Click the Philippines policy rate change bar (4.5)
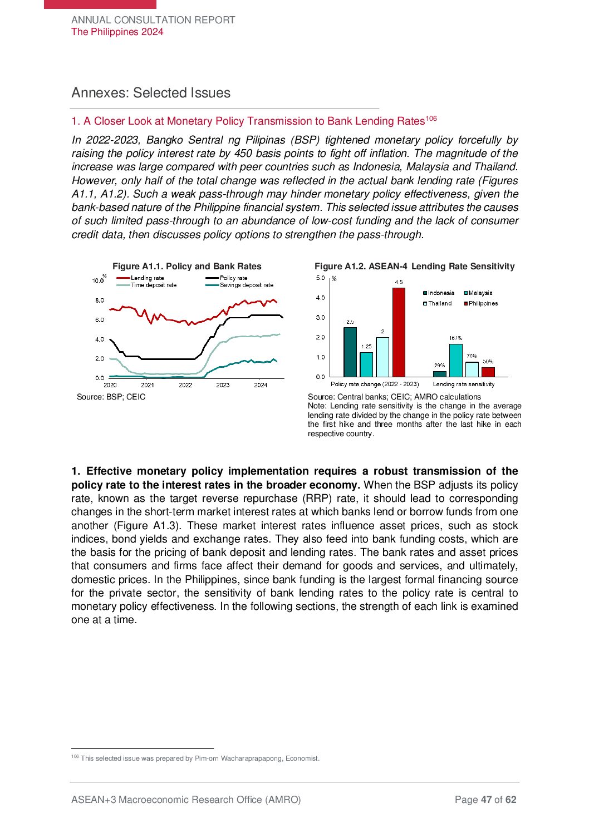399,332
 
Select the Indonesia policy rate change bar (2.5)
350,352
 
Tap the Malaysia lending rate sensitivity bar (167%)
456,360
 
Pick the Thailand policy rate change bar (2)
382,357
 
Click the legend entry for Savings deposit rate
246,285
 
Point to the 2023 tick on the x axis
223,385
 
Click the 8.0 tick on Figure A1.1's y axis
99,300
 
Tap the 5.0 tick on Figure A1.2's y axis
321,278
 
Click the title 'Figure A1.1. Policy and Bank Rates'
187,267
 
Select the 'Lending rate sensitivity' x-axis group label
464,385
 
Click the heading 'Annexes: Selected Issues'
151,93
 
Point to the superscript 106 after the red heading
431,118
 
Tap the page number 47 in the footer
486,800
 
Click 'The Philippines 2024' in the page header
117,32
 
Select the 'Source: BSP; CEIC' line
111,397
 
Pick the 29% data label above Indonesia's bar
440,366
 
